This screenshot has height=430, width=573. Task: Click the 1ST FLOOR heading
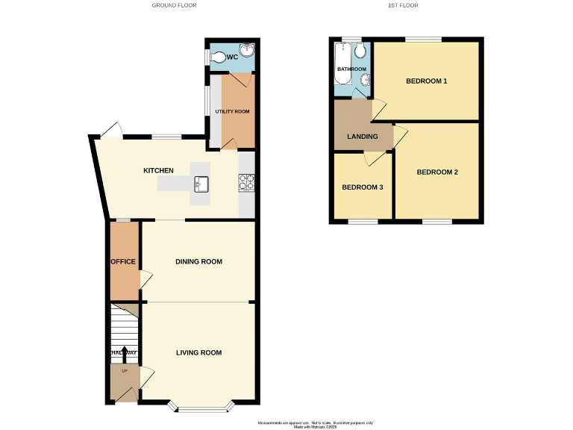tap(403, 5)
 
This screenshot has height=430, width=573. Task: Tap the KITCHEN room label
tap(158, 171)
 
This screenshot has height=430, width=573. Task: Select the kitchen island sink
tap(201, 182)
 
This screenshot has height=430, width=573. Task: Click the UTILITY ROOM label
tap(232, 111)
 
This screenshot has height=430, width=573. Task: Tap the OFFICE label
tap(122, 261)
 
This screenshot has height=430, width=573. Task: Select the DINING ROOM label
tap(199, 261)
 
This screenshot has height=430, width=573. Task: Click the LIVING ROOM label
tap(198, 352)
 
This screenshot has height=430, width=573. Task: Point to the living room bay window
tap(201, 408)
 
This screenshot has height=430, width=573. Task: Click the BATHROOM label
tap(351, 69)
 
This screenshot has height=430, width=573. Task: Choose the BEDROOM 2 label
tap(436, 172)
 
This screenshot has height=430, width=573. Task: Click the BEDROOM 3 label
tap(362, 187)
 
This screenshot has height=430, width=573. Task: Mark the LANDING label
tap(363, 137)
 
